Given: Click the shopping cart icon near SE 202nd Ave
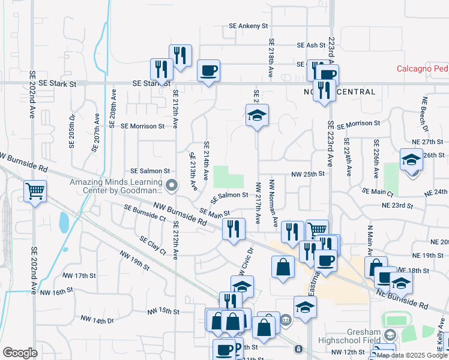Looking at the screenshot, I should click(x=35, y=192).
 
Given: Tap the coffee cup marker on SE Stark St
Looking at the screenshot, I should click(x=208, y=71).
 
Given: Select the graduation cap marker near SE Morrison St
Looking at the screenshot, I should click(x=257, y=115).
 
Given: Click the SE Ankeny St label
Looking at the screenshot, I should click(x=248, y=26).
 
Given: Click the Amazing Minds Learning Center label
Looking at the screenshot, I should click(x=116, y=186).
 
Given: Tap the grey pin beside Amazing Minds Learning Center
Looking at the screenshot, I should click(x=172, y=185).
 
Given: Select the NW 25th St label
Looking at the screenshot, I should click(x=308, y=173).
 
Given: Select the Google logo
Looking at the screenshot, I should click(x=20, y=352).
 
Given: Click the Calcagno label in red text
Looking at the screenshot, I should click(x=422, y=68).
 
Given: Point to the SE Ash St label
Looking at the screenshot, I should click(x=311, y=45).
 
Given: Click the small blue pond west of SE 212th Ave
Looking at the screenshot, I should click(x=64, y=223).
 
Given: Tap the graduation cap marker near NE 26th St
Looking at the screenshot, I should click(x=411, y=161).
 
